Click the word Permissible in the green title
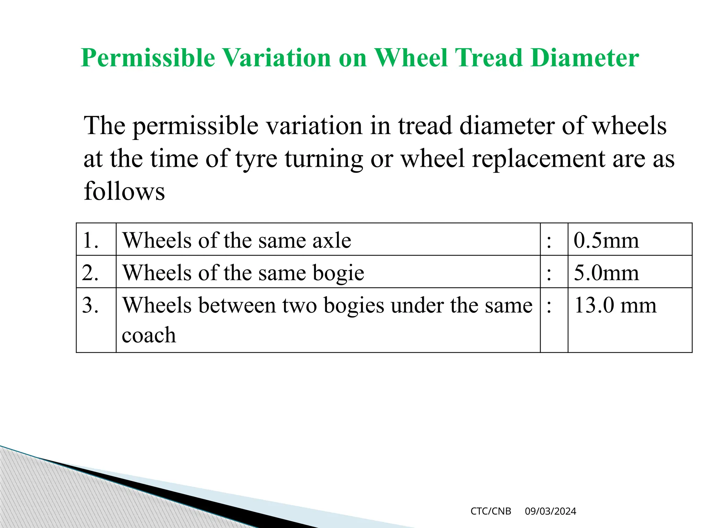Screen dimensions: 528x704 pyautogui.click(x=148, y=58)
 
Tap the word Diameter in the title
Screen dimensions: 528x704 pyautogui.click(x=585, y=58)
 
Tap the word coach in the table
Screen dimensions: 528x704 pyautogui.click(x=149, y=335)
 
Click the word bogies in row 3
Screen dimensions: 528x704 pyautogui.click(x=354, y=306)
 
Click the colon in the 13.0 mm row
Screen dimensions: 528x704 pyautogui.click(x=549, y=306)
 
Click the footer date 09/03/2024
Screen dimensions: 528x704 pyautogui.click(x=550, y=511)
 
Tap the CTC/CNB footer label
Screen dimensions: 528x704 pyautogui.click(x=491, y=511)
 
